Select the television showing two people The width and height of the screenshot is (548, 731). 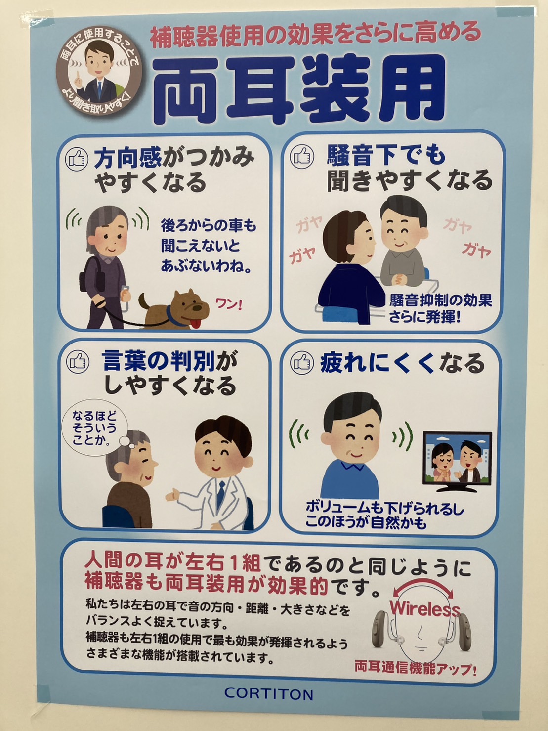[x=457, y=462]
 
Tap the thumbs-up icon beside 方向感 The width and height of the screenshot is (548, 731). [x=77, y=159]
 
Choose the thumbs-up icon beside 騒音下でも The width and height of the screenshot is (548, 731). [x=302, y=156]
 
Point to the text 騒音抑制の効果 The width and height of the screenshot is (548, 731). [x=440, y=300]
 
